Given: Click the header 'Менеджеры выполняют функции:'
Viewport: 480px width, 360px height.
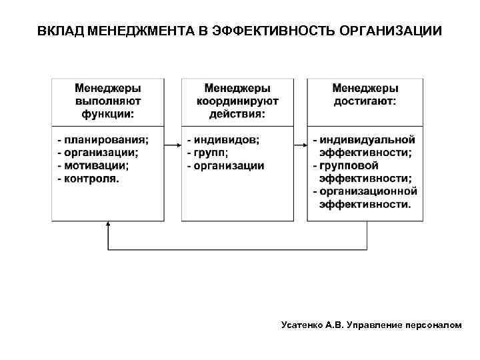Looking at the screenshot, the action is pyautogui.click(x=108, y=101).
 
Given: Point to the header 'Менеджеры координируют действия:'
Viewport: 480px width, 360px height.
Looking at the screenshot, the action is pyautogui.click(x=237, y=101).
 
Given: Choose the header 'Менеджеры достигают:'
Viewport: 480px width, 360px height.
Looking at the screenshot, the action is pyautogui.click(x=365, y=95).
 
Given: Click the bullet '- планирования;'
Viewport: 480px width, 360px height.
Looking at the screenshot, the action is pyautogui.click(x=103, y=140).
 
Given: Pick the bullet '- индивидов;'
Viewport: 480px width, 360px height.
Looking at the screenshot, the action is pyautogui.click(x=223, y=140).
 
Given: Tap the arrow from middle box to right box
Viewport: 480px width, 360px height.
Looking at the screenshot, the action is pyautogui.click(x=301, y=141).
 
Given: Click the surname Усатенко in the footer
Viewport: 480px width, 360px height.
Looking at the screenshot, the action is pyautogui.click(x=303, y=325).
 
